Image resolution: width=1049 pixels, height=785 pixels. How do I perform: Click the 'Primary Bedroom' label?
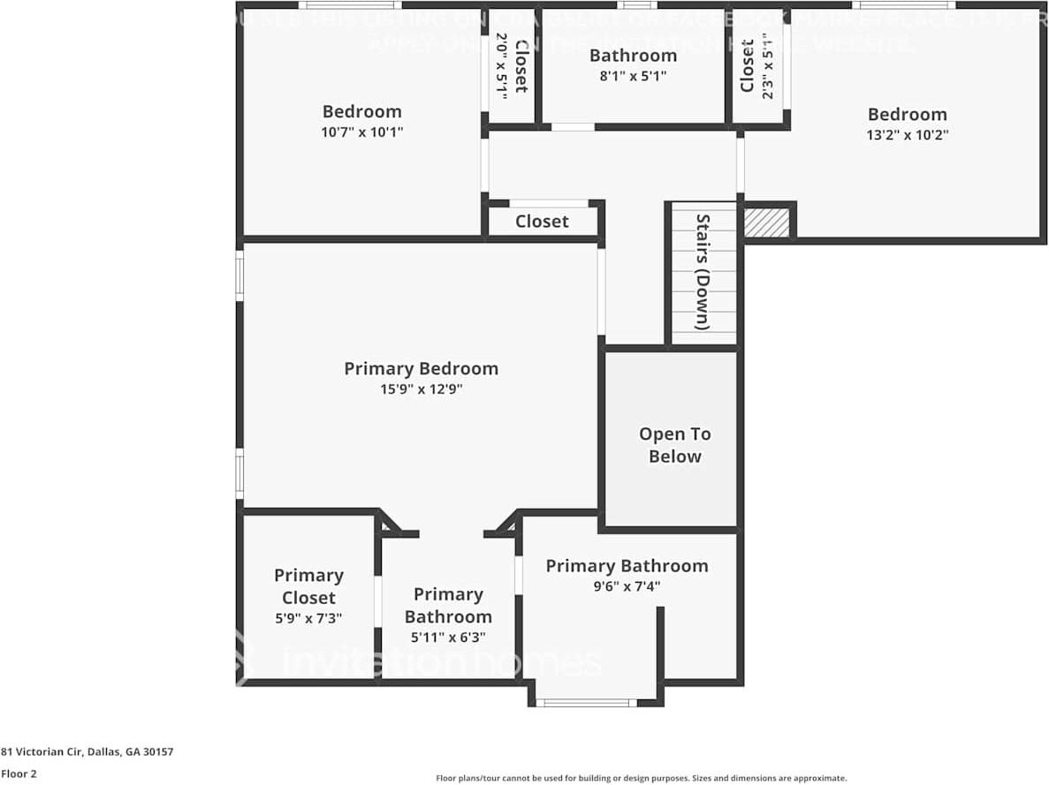point(421,368)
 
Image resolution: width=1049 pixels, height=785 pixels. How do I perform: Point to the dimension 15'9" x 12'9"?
point(421,389)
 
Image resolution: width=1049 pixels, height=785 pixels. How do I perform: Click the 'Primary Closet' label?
point(308,586)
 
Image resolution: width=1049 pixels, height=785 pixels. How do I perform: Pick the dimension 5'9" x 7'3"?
point(308,618)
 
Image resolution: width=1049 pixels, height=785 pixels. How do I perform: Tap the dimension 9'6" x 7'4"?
point(627,585)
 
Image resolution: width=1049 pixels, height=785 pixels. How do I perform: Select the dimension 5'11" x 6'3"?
point(448,637)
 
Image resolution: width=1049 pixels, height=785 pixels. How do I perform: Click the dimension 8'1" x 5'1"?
point(633,76)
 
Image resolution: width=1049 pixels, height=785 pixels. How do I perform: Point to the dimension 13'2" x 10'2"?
point(907,135)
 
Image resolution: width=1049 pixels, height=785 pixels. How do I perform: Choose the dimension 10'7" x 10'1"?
point(362,132)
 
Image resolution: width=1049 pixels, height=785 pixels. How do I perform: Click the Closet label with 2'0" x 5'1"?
point(521,65)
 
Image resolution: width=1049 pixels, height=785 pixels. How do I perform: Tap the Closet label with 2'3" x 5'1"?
point(748,65)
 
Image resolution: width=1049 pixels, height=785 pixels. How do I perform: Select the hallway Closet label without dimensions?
point(542,221)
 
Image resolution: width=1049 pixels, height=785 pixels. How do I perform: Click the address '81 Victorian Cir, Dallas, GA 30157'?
point(87,751)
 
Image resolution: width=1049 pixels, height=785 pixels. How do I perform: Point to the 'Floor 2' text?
point(19,774)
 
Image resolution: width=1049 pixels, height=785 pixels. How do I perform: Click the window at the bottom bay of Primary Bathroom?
point(586,703)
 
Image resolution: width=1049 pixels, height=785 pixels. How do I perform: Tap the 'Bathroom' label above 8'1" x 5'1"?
point(633,56)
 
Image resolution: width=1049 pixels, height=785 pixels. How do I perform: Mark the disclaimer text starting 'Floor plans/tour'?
point(641,778)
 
